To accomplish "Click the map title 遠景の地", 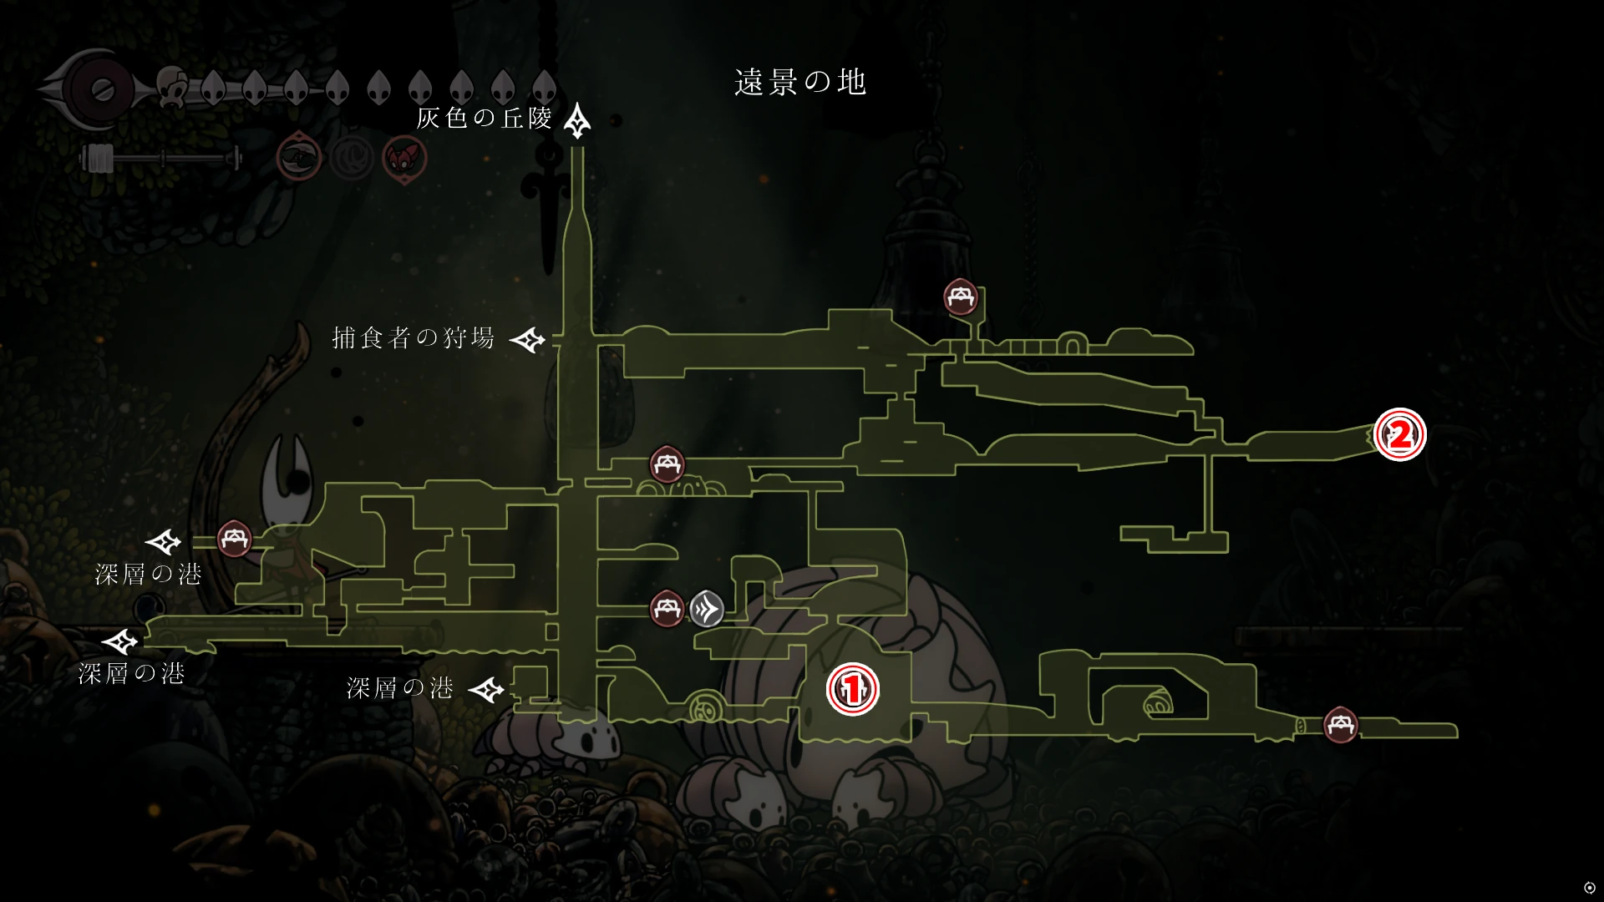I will (800, 83).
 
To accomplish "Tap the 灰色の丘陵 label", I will (485, 119).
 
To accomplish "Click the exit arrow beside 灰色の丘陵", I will (577, 121).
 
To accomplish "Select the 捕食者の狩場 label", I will (414, 338).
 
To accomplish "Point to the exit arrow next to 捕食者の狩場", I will (528, 340).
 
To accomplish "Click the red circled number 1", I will (852, 690).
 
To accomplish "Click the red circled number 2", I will (1400, 434).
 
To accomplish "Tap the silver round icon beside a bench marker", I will (707, 609).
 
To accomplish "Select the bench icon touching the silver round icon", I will (667, 608).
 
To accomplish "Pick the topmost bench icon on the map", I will (960, 296).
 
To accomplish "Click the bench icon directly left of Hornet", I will (234, 539).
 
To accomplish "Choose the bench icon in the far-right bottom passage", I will (1341, 724).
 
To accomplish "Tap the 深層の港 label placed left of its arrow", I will (400, 688).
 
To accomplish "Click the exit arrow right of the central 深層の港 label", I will (486, 690).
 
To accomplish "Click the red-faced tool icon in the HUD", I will (404, 158).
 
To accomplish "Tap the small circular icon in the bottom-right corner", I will (1589, 887).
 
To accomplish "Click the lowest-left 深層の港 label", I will (131, 674).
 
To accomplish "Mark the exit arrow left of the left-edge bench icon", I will (163, 542).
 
